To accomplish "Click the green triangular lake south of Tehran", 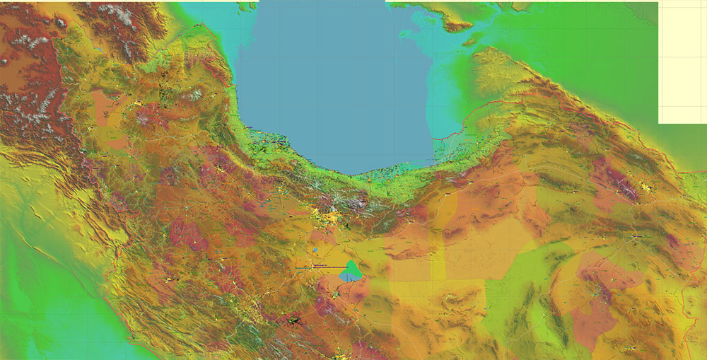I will point(351,268).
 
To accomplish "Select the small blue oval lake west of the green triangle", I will point(315,250).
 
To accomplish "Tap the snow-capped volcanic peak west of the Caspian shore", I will point(146,117).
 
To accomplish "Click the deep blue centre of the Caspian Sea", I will point(332,85).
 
